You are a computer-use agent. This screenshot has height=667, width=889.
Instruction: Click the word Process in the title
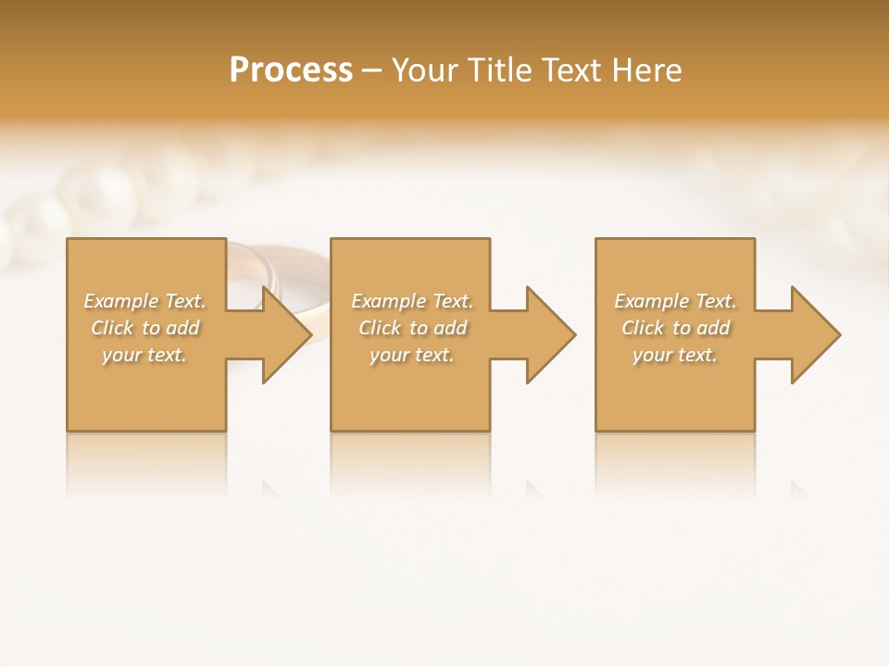[291, 70]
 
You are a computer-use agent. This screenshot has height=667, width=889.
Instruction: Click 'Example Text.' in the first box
[144, 301]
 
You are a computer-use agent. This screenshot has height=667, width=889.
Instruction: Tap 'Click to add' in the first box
[144, 328]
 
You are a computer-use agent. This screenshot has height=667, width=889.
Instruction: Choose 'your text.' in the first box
[144, 355]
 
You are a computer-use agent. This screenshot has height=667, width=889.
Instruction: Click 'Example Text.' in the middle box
[412, 301]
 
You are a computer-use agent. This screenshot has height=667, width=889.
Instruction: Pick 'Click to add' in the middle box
[412, 328]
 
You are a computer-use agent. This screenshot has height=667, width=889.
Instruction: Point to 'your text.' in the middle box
[412, 355]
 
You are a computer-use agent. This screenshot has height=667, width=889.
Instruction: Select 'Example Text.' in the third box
[675, 301]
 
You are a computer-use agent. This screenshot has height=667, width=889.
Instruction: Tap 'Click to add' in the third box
[675, 328]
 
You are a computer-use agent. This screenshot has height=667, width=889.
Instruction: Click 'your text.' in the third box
[675, 355]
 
